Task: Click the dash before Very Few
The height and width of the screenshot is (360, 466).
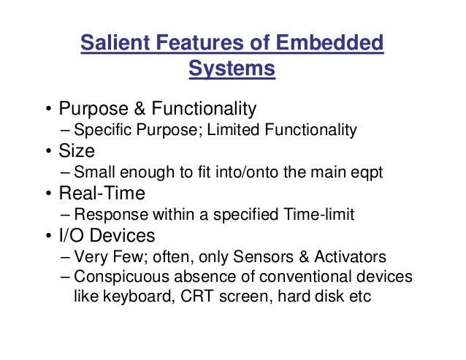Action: tap(66, 258)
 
